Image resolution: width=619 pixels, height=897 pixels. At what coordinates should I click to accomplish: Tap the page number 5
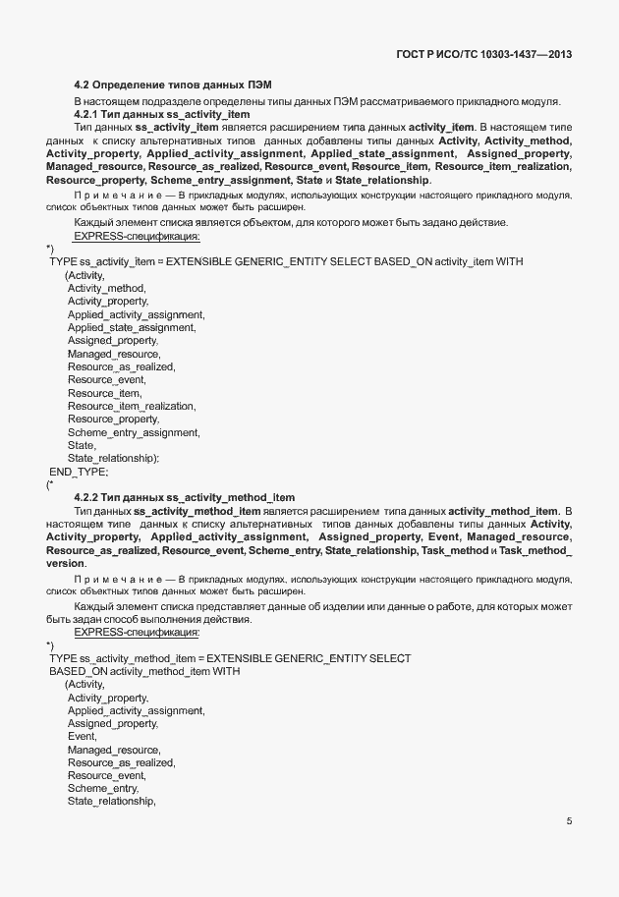tap(570, 821)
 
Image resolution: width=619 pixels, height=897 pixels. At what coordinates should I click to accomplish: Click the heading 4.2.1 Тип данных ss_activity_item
tap(161, 115)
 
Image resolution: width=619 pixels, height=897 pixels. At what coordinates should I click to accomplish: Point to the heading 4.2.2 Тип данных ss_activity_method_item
tap(184, 498)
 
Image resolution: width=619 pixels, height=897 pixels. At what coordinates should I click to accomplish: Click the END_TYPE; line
tap(79, 472)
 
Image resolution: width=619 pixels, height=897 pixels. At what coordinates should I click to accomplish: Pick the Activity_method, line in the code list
tap(106, 288)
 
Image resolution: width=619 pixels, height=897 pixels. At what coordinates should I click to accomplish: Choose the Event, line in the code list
tap(82, 736)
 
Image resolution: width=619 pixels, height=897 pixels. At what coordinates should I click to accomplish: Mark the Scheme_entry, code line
tap(103, 788)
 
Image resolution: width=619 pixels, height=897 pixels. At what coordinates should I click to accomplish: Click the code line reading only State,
tap(82, 445)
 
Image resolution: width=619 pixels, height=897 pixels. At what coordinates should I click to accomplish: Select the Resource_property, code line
tap(113, 420)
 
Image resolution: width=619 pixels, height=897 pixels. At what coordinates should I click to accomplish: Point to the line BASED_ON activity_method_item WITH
tap(143, 670)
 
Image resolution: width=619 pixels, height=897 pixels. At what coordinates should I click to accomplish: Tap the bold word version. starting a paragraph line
tap(66, 564)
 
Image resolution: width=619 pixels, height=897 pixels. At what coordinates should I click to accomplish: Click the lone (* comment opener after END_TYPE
tap(50, 484)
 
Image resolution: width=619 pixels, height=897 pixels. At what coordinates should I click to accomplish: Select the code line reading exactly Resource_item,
tap(105, 393)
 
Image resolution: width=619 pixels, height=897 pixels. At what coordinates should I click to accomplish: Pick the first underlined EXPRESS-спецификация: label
tap(137, 236)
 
